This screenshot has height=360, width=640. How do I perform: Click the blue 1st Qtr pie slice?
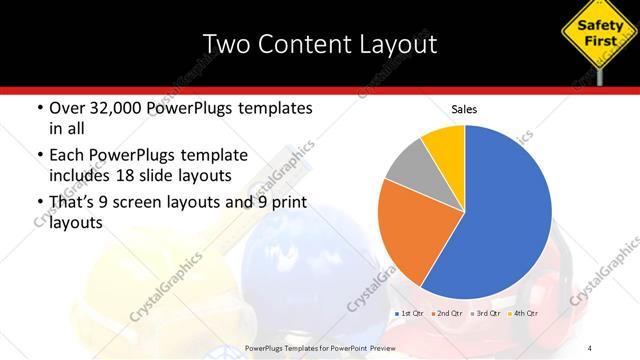pos(505,215)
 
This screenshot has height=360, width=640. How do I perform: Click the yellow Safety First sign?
pos(596,29)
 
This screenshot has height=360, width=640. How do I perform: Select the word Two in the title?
pos(223,44)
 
